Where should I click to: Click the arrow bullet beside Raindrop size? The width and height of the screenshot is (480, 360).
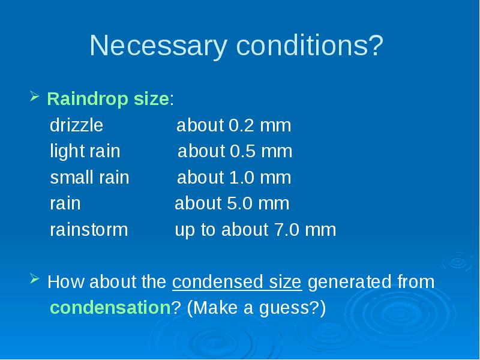coord(35,96)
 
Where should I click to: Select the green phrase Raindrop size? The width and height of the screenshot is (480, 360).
coord(108,98)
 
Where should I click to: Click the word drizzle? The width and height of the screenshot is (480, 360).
coord(77,125)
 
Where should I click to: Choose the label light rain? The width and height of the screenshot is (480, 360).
coord(85,151)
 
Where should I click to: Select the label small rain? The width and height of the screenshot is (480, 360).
coord(89,177)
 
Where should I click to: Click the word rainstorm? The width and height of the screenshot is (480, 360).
coord(89,230)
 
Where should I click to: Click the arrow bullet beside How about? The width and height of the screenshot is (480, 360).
coord(35,278)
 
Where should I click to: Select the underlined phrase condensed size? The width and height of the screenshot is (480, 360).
coord(237,281)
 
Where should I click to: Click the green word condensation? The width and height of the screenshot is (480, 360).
coord(110,308)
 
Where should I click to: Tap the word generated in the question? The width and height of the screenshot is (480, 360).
coord(349,282)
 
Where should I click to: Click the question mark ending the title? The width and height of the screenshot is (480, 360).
coord(377,46)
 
